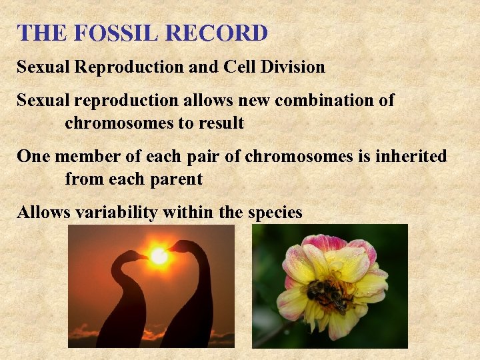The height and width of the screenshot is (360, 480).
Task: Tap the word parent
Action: point(178,179)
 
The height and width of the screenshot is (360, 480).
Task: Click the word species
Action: point(275,213)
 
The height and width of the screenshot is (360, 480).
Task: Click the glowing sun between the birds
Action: point(159,255)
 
